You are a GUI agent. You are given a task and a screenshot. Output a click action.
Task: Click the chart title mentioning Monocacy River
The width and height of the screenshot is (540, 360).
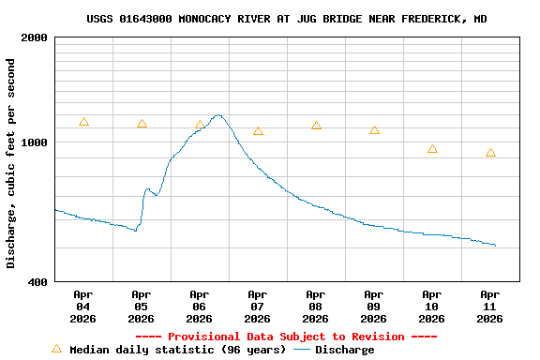pos(286,19)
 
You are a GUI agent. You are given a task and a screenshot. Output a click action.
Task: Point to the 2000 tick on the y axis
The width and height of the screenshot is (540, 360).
pos(35,37)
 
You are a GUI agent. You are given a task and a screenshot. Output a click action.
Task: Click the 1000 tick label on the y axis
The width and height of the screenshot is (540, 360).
pos(35,142)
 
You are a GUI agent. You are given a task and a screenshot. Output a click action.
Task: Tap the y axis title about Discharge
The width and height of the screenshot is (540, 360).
pos(11,163)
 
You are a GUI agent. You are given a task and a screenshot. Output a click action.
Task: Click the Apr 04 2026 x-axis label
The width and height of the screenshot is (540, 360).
pos(83,306)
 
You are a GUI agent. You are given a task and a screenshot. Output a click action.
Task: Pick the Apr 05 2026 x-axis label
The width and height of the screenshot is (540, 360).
pos(142,306)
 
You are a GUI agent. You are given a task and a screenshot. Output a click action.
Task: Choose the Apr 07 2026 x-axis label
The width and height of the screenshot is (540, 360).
pos(258,306)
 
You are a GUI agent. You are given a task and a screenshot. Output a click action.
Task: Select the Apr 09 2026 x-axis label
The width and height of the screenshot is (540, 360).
pos(374,306)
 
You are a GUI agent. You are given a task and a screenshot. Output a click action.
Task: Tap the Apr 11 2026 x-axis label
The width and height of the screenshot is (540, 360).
pos(490,306)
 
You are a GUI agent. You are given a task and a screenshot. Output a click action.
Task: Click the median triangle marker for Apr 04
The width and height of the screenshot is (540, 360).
pos(83,122)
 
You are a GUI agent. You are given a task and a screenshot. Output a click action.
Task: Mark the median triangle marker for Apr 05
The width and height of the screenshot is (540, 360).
pos(142,124)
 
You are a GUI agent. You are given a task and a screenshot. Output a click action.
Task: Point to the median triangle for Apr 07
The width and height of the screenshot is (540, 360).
pos(258,131)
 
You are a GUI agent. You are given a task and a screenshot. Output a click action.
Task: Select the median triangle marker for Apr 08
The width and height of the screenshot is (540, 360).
pos(316,126)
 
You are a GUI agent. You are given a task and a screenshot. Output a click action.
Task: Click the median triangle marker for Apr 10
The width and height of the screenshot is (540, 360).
pos(432,149)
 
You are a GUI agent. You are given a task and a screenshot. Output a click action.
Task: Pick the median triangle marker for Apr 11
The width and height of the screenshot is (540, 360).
pos(490,153)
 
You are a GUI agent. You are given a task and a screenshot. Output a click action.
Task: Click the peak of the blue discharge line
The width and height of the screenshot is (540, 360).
pos(218,115)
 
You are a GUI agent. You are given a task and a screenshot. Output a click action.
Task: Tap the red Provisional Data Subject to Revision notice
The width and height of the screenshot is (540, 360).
pos(286,337)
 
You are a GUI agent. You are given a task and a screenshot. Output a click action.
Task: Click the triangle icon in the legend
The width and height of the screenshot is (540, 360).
pos(56,349)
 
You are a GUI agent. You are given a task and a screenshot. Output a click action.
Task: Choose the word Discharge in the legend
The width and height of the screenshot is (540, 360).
pos(344,350)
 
